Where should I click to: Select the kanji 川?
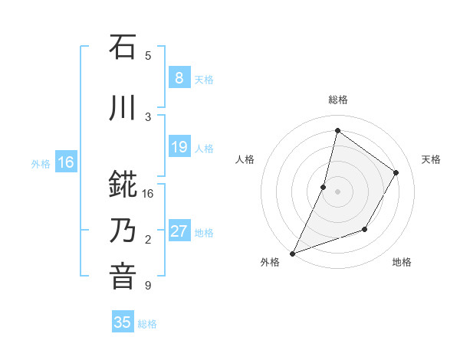[x=123, y=108]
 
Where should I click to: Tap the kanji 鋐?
[x=123, y=185]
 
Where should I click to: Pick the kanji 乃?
[x=123, y=230]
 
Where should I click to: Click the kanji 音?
[x=123, y=277]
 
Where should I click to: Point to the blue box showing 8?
[x=179, y=77]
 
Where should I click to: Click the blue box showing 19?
[x=179, y=147]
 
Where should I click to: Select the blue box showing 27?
[x=179, y=231]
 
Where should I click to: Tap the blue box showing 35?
[x=123, y=322]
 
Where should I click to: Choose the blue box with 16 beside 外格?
[x=66, y=162]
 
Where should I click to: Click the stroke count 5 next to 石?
[x=148, y=56]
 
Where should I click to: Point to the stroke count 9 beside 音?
[x=148, y=286]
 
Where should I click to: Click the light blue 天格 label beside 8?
[x=204, y=79]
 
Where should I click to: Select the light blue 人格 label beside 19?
[x=204, y=149]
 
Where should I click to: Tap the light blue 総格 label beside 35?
[x=147, y=324]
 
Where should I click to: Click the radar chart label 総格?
[x=337, y=100]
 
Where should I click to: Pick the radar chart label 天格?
[x=431, y=159]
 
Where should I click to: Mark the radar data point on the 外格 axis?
[x=292, y=253]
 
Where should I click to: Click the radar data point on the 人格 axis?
[x=324, y=187]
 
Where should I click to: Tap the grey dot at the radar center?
[x=337, y=191]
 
